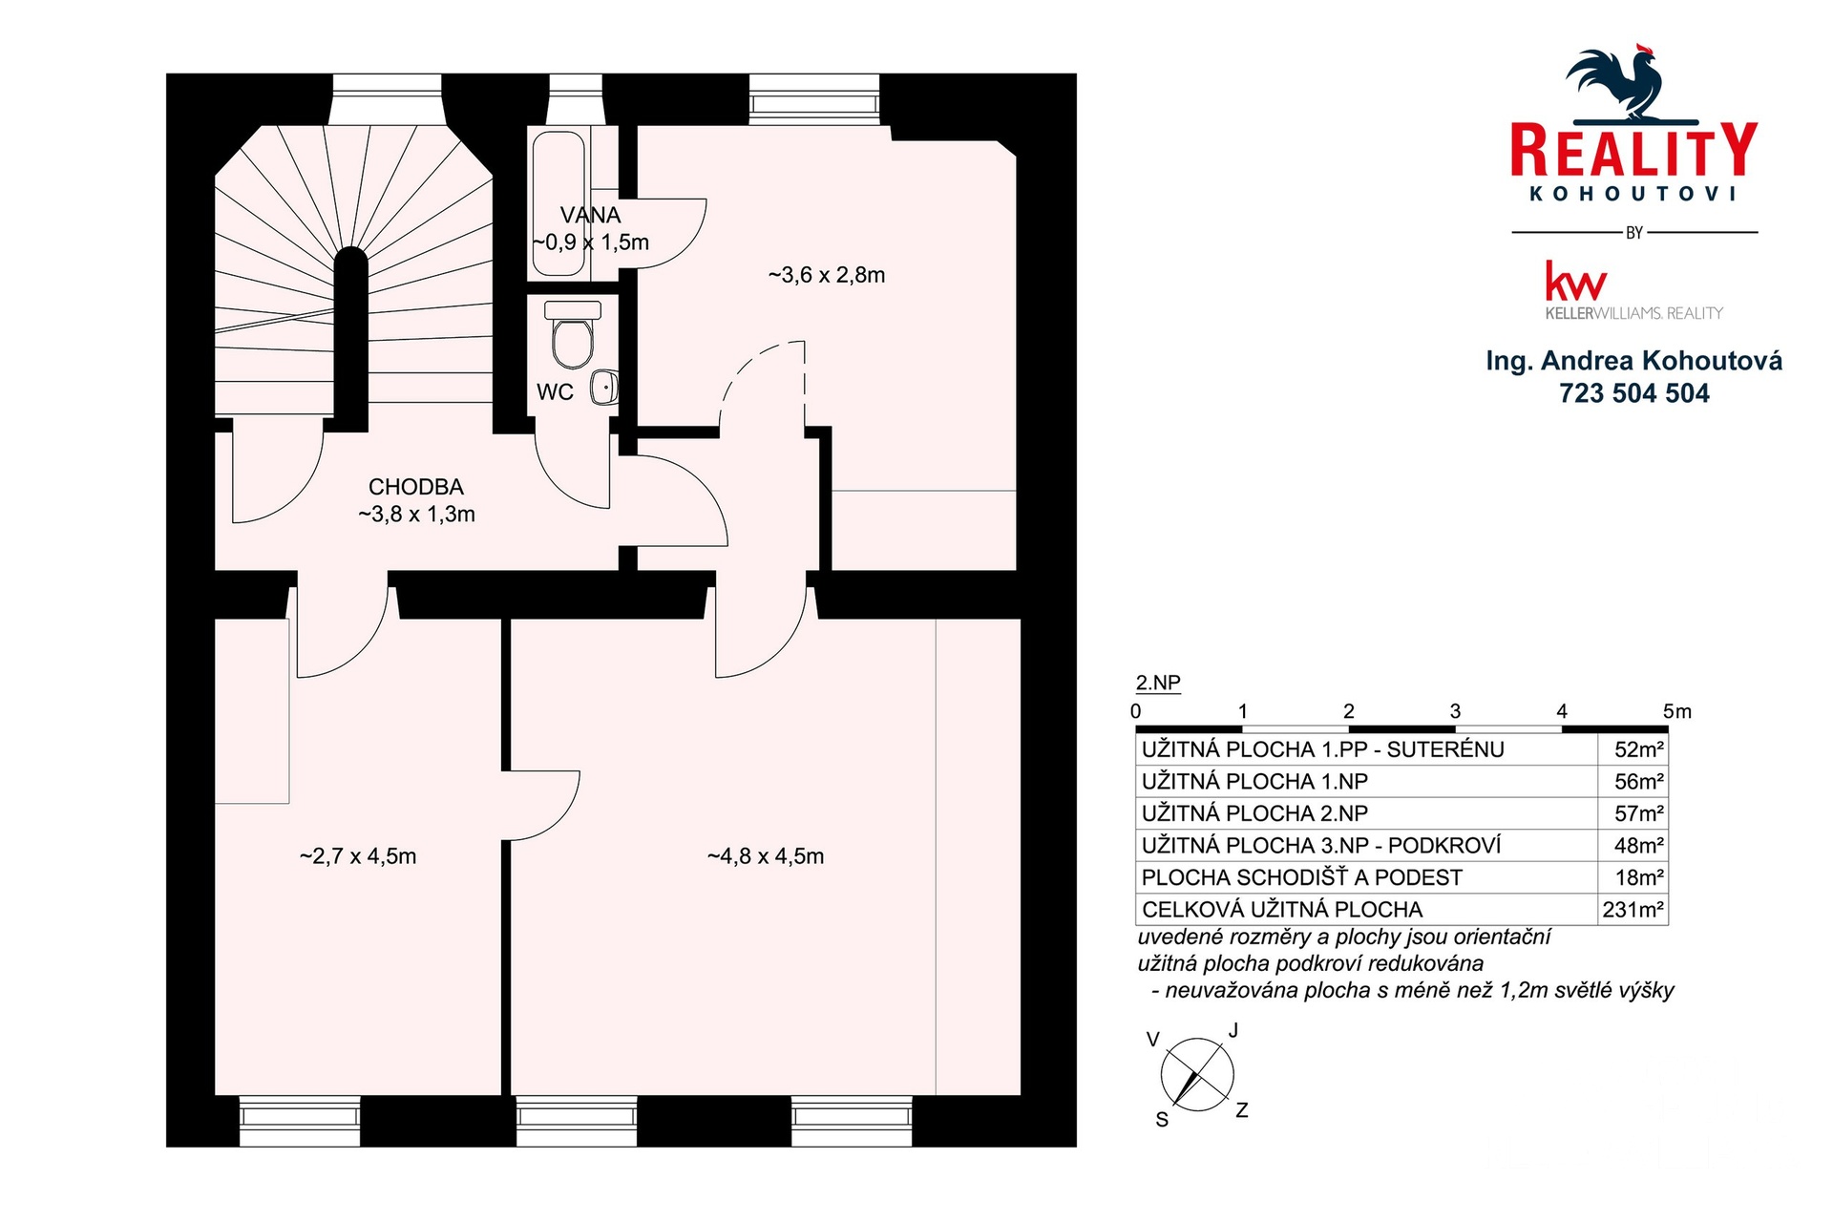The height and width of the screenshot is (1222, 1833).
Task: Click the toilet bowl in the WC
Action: click(572, 335)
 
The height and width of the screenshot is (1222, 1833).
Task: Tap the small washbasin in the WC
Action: click(603, 388)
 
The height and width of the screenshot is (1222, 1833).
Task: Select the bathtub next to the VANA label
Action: click(558, 203)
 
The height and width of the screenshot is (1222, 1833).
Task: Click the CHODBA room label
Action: click(416, 487)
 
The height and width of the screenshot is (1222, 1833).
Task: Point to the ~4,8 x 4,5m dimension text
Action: click(766, 856)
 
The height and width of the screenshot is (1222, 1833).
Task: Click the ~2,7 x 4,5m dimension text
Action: click(358, 856)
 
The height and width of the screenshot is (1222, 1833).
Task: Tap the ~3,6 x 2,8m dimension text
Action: click(827, 275)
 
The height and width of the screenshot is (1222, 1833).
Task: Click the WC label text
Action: click(555, 392)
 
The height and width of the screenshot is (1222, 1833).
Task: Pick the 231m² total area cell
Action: click(1633, 910)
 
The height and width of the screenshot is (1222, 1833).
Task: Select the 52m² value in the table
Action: click(1639, 749)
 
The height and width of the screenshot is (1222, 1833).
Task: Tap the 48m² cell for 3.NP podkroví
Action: click(1639, 846)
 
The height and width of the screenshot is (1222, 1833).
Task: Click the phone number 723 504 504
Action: click(1634, 393)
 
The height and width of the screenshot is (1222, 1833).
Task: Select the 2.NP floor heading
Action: click(1158, 683)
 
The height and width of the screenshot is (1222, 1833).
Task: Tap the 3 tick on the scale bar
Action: click(1455, 711)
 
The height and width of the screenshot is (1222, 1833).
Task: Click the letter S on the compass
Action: click(1162, 1120)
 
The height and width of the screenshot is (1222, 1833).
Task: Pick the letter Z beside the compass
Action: click(1242, 1110)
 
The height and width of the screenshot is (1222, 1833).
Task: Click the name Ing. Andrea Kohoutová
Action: click(1634, 361)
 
